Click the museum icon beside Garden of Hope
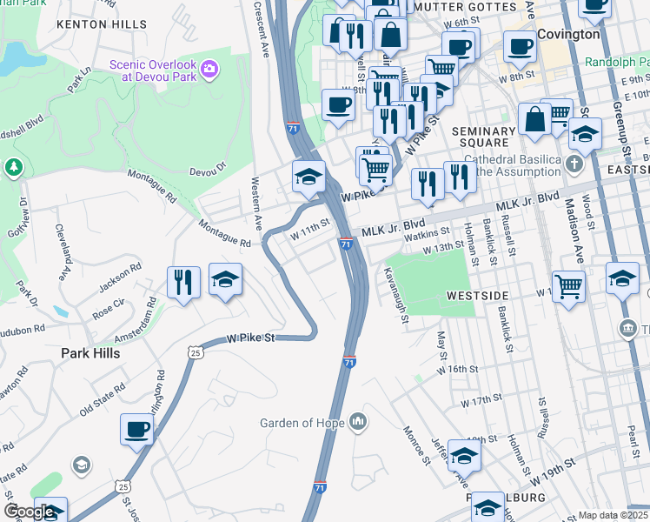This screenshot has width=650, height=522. coord(357,424)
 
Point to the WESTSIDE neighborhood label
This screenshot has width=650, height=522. coord(476,296)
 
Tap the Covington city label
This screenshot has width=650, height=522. coord(568,34)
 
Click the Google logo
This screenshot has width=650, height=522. coord(30,512)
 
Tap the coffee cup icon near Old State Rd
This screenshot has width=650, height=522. coord(137,429)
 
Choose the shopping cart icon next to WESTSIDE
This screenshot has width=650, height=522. coord(568,284)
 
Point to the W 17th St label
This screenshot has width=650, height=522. coord(482,399)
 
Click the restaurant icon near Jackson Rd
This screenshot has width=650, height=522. coord(183,281)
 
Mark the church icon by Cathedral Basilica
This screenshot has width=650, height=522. coord(574,164)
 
